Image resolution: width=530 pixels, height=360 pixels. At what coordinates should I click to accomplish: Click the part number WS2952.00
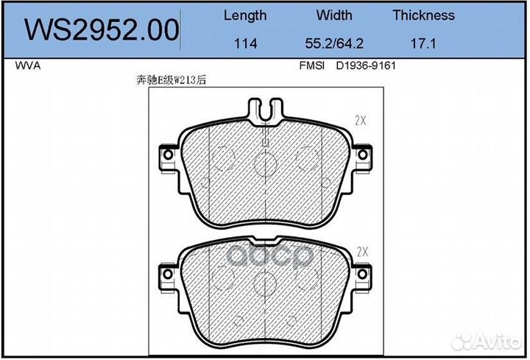tap(102, 29)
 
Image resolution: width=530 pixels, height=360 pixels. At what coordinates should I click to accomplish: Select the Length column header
tap(245, 16)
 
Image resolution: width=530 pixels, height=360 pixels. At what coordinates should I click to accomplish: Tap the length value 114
tap(245, 43)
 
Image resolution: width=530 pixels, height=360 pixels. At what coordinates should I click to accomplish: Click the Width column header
tap(334, 15)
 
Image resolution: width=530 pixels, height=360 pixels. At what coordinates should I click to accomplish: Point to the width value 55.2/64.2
tap(334, 43)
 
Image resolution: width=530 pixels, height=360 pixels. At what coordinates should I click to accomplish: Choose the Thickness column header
tap(423, 15)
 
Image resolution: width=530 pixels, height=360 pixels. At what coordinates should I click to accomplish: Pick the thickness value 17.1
tap(423, 43)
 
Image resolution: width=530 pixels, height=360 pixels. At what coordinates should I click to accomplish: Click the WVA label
tap(28, 66)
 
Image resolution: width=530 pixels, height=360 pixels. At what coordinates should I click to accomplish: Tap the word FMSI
tap(311, 66)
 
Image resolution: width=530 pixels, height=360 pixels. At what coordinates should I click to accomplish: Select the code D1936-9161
tap(366, 66)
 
